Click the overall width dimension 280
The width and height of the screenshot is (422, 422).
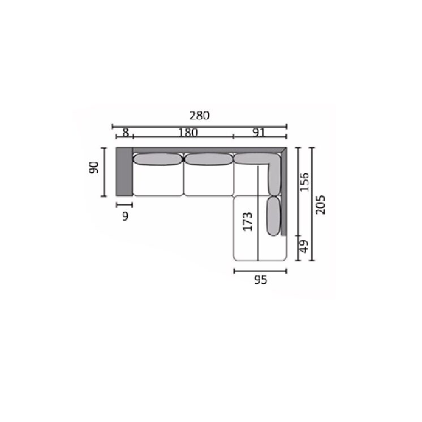[200, 115]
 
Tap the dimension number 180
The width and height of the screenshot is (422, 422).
[188, 132]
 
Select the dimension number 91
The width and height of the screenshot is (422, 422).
[259, 132]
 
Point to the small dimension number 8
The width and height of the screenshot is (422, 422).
[126, 132]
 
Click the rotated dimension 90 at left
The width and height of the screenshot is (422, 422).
[94, 167]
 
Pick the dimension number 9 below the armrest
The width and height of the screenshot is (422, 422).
[125, 216]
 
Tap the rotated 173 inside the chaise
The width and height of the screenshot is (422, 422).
[248, 222]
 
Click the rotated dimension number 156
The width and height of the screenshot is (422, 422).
[304, 182]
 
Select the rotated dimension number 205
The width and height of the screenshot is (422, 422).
[320, 205]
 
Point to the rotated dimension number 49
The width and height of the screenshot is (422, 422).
[304, 246]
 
